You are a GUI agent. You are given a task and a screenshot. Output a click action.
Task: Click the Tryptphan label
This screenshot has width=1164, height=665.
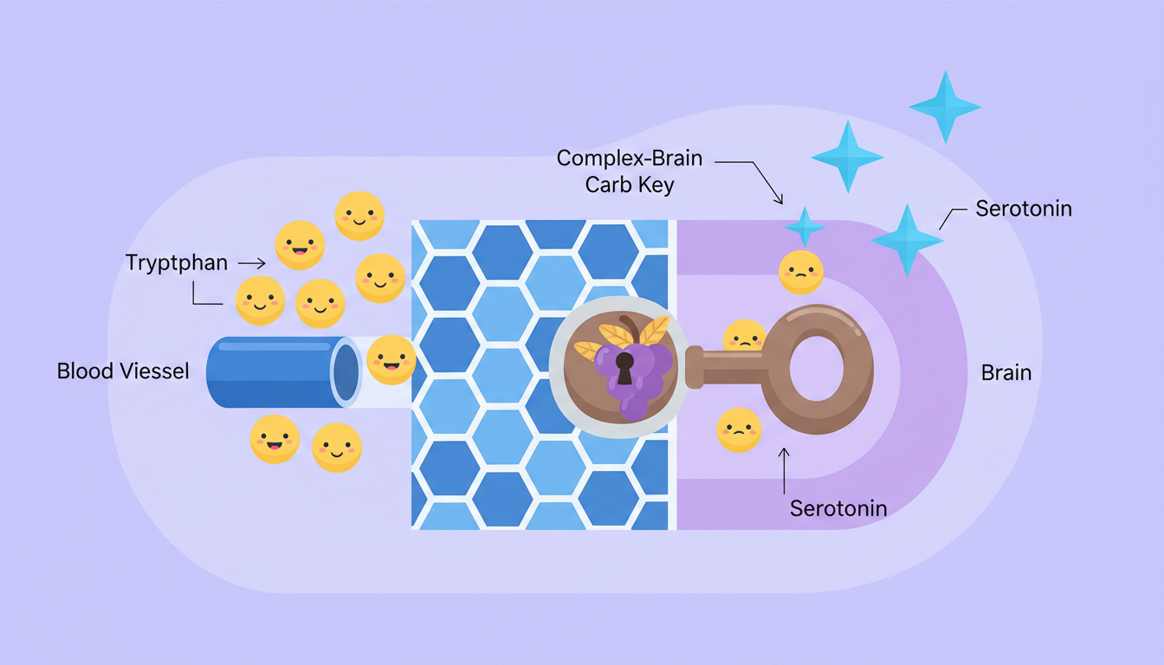tap(176, 262)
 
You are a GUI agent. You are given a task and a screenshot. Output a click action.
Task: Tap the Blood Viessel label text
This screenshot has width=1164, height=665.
tap(123, 371)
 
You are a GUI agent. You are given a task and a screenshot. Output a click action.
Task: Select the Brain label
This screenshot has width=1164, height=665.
tap(1006, 373)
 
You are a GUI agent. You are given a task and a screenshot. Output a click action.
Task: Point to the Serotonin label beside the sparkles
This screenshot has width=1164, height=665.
tap(1023, 209)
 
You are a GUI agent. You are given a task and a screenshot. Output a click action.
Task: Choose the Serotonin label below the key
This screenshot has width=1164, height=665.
tap(837, 508)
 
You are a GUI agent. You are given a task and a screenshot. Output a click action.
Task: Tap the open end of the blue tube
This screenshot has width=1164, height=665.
tap(346, 371)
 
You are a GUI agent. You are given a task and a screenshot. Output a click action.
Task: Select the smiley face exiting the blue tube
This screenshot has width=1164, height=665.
tap(391, 359)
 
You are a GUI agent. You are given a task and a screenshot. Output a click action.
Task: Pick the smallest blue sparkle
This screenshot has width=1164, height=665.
tap(805, 226)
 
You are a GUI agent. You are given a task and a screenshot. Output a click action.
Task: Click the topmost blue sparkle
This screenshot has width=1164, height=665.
tap(944, 107)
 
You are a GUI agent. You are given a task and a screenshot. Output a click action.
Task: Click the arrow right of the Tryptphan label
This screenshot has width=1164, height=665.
tap(251, 261)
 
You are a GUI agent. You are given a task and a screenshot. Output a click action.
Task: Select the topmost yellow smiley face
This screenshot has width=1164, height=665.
tap(359, 215)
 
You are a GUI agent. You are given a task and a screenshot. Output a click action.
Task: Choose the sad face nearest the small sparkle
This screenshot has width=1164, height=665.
tap(800, 271)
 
